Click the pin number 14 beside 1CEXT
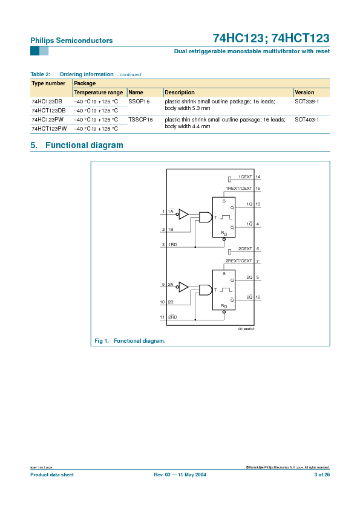pyautogui.click(x=258, y=177)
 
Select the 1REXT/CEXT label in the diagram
pyautogui.click(x=239, y=189)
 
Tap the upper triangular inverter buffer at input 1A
pyautogui.click(x=183, y=214)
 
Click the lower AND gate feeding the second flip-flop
pyautogui.click(x=206, y=290)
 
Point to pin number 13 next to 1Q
pyautogui.click(x=258, y=204)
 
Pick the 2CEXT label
pyautogui.click(x=245, y=249)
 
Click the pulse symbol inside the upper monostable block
pyautogui.click(x=226, y=218)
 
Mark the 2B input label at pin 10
pyautogui.click(x=171, y=302)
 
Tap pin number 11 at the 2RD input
pyautogui.click(x=162, y=317)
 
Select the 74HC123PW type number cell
pyautogui.click(x=48, y=120)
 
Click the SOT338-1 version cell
pyautogui.click(x=307, y=102)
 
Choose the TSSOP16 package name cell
pyautogui.click(x=140, y=120)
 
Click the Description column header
pyautogui.click(x=180, y=92)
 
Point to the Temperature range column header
pyautogui.click(x=98, y=92)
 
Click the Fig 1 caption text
pyautogui.click(x=130, y=341)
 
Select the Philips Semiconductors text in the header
pyautogui.click(x=71, y=41)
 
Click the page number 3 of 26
pyautogui.click(x=321, y=475)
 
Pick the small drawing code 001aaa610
pyautogui.click(x=246, y=329)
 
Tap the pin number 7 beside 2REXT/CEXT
pyautogui.click(x=258, y=262)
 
